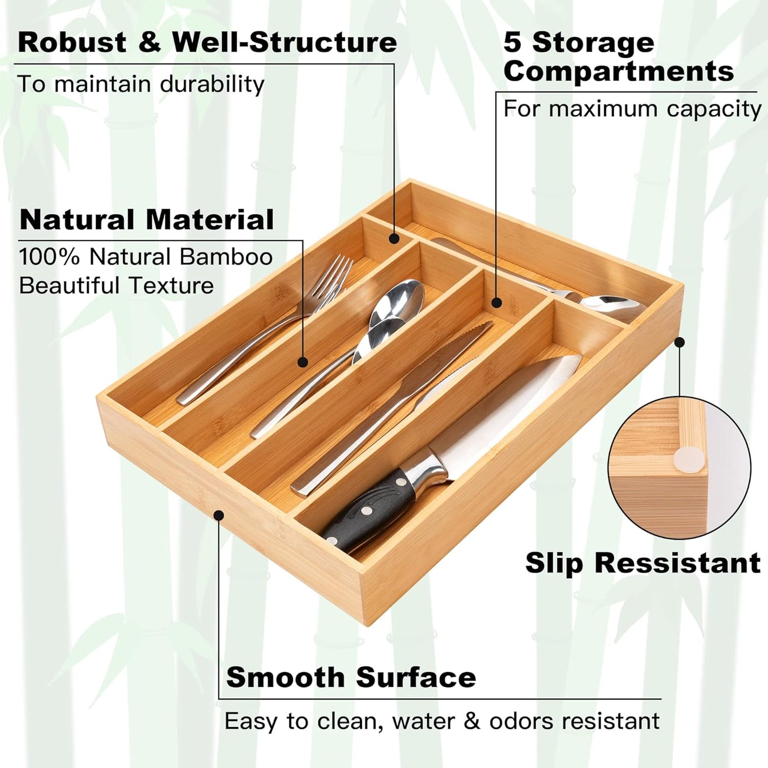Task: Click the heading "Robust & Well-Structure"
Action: (207, 43)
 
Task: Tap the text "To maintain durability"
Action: (141, 85)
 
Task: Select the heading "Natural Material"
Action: (147, 220)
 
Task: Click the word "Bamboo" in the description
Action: (226, 257)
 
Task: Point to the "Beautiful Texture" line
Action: (116, 286)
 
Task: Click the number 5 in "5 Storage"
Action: (513, 43)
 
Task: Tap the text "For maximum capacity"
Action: (632, 109)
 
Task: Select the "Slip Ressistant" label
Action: (643, 563)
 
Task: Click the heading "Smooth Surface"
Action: (351, 678)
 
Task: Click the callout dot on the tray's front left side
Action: (218, 514)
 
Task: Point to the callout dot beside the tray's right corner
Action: (679, 343)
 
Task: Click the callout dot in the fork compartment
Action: (303, 362)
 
